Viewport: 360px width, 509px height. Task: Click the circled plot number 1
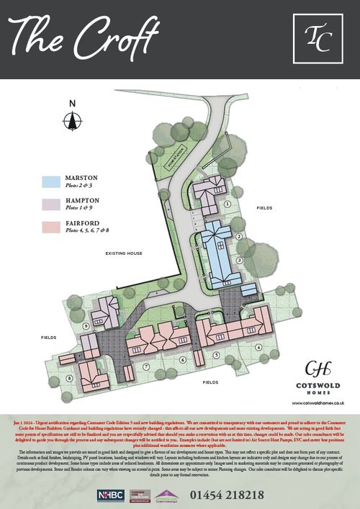[228, 204]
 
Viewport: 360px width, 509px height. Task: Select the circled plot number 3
[238, 260]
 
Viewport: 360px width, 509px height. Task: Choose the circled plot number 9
[86, 326]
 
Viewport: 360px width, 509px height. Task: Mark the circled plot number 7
[146, 366]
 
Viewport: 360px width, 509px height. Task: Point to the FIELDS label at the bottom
[210, 382]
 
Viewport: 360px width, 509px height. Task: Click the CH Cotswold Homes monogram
[315, 369]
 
